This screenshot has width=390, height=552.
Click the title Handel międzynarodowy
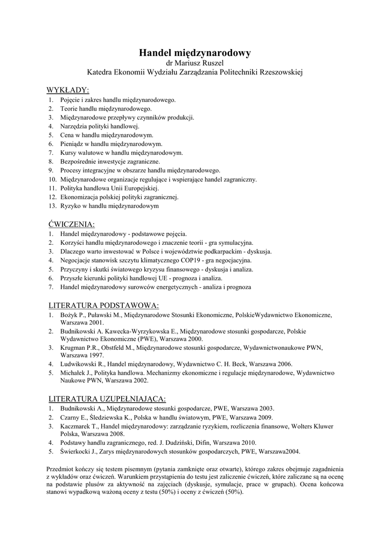(195, 53)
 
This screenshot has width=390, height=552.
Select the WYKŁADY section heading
(68, 89)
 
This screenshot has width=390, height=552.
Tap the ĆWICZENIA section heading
(71, 223)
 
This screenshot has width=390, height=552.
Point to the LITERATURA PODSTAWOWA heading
(103, 305)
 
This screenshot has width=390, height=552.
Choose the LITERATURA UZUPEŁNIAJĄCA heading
(107, 399)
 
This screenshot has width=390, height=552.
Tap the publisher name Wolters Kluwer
(315, 426)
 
